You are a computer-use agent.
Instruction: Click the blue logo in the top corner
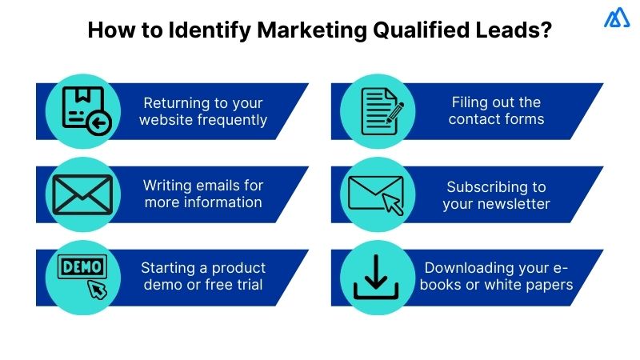coord(616,18)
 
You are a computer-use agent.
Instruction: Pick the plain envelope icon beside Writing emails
coord(83,194)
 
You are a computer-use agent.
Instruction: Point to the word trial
coord(246,284)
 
